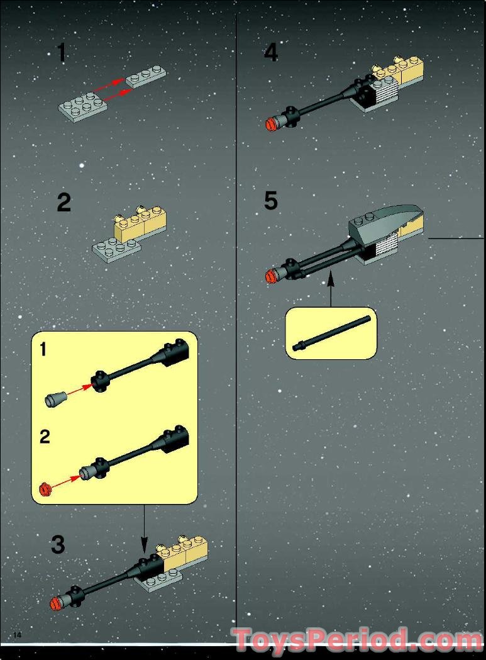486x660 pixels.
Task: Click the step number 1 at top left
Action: (61, 52)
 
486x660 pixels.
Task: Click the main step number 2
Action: (64, 203)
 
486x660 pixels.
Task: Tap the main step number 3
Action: (58, 544)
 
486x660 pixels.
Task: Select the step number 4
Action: (270, 52)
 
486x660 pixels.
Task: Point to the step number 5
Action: (270, 201)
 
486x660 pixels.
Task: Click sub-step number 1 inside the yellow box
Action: (43, 350)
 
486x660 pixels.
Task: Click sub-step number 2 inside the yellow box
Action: (44, 437)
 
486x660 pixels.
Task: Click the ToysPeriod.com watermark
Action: (357, 641)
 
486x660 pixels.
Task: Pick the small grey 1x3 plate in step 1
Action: (146, 77)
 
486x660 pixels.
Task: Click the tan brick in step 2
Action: (140, 223)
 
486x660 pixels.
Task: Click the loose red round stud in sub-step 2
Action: (44, 488)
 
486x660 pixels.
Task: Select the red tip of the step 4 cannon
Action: (272, 123)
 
